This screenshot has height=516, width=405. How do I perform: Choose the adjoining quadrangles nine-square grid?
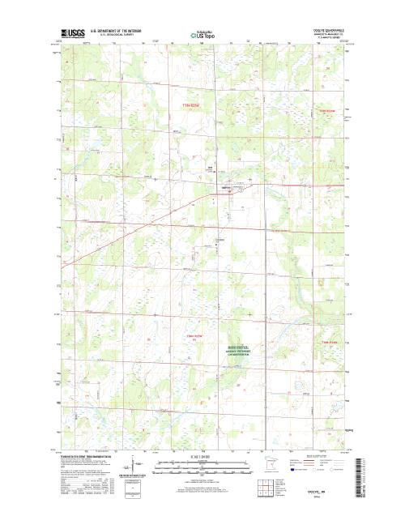coord(265,487)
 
